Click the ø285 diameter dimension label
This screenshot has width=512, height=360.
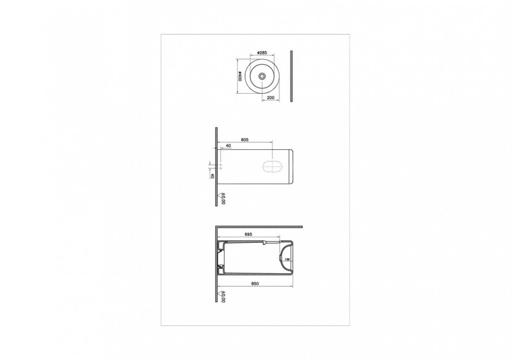tap(262, 53)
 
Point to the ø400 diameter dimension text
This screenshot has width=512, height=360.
tap(239, 76)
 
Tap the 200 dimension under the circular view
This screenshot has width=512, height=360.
tap(270, 97)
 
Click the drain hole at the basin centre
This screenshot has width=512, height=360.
tap(263, 76)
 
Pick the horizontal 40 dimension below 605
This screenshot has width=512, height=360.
tap(228, 146)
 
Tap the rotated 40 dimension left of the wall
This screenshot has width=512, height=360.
tap(212, 176)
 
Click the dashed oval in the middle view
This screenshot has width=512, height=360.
tap(274, 166)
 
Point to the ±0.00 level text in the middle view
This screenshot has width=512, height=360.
tap(223, 198)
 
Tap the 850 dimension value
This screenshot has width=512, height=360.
tap(254, 284)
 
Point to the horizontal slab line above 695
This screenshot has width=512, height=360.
tap(259, 227)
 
